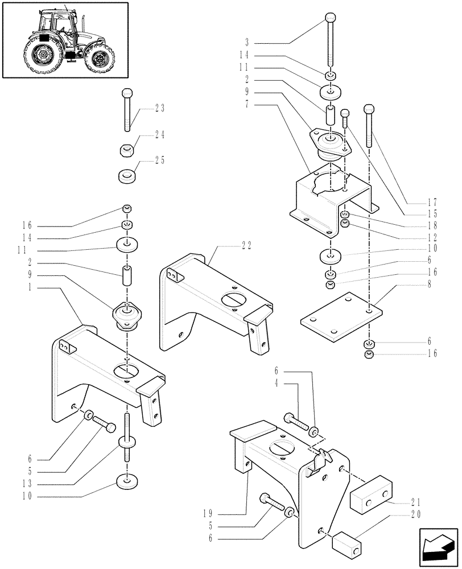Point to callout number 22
(x=246, y=246)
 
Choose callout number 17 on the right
(x=432, y=201)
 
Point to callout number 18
(x=432, y=225)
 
